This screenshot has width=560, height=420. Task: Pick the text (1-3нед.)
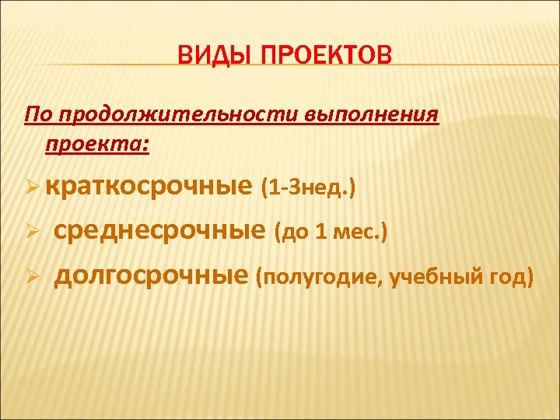(309, 188)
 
